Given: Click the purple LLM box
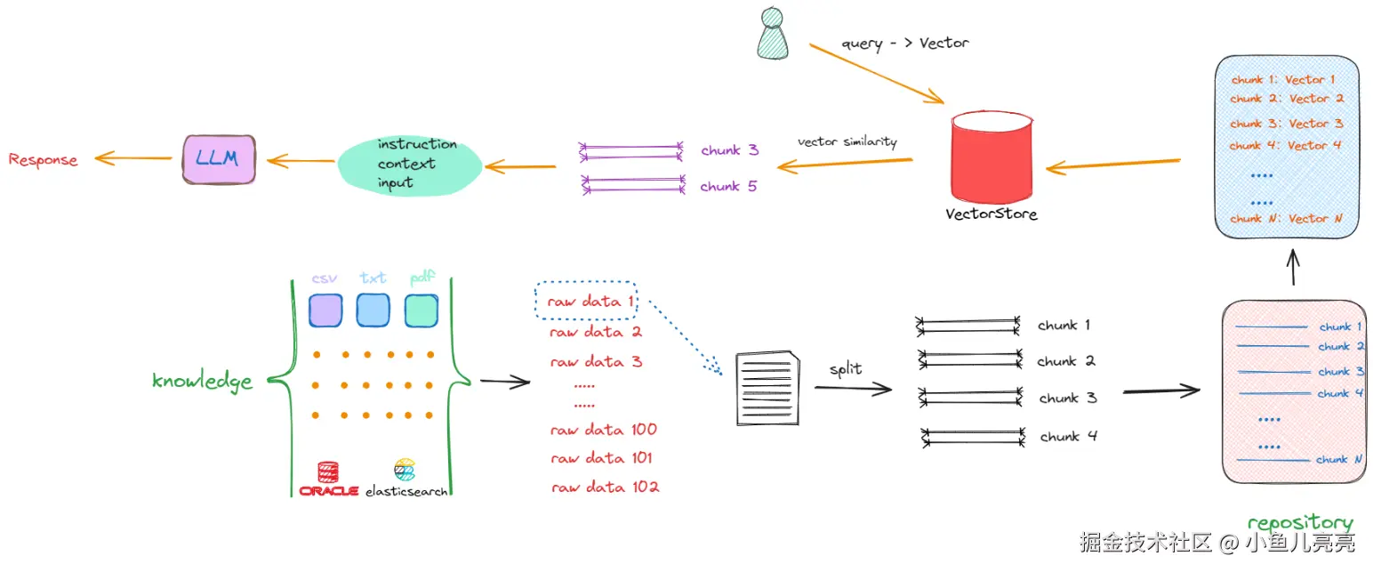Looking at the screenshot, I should [219, 159].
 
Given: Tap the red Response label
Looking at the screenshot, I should [43, 160].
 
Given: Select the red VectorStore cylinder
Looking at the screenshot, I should [992, 157].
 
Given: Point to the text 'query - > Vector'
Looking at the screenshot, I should [905, 43].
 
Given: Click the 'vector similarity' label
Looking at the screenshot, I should [847, 141].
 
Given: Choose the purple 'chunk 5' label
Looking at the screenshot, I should [728, 187].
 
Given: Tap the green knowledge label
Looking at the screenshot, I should [202, 381].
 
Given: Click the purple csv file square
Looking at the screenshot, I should [325, 310].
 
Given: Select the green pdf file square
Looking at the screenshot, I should [421, 310].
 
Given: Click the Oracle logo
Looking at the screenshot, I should [328, 479].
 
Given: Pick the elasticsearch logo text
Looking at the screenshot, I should [406, 490].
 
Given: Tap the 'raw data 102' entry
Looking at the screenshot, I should [605, 487].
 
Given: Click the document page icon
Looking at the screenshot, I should [765, 388].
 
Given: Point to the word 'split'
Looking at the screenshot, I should [845, 368].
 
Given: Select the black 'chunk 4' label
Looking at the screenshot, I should [1068, 437].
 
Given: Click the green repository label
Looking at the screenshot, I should [1299, 522].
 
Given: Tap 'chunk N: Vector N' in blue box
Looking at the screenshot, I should [1285, 218].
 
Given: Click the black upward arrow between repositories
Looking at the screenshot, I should [1293, 266].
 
